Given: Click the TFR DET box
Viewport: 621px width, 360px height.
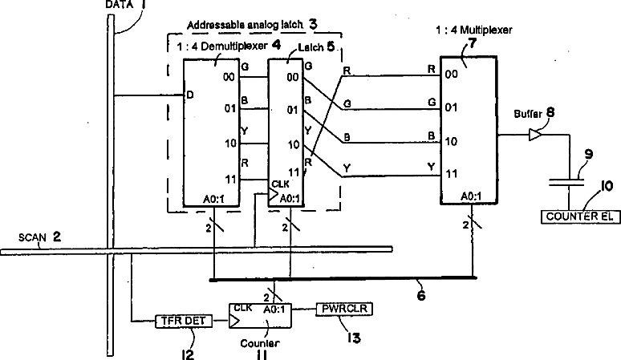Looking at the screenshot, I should click(x=181, y=322).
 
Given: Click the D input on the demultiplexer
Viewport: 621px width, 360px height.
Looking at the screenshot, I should click(x=190, y=96).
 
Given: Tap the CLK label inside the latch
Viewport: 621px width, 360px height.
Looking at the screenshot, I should click(x=281, y=184).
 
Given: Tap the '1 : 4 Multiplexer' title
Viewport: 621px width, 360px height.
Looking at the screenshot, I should click(x=477, y=30).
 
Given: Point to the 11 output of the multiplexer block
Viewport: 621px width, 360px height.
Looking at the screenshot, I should click(x=452, y=173).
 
